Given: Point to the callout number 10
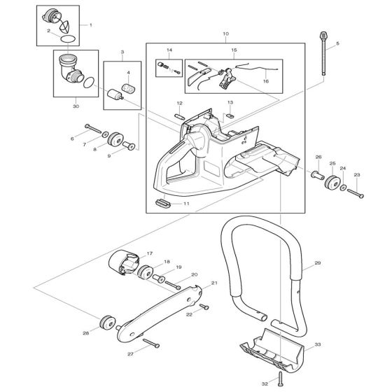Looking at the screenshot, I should tap(225, 34).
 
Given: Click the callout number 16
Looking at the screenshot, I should tap(265, 81).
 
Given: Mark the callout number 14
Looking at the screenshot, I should tap(169, 50).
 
